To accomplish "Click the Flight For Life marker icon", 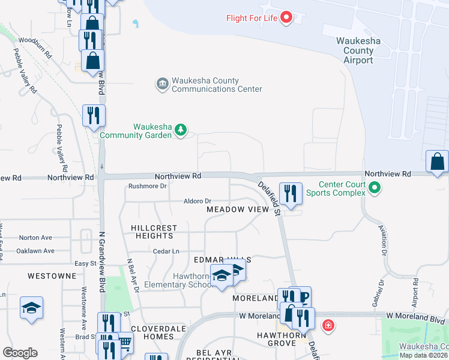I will pos(286,17).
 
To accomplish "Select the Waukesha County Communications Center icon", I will pos(162,85).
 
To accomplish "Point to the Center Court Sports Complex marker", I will pos(375,188).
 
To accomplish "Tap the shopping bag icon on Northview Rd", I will pos(437,162).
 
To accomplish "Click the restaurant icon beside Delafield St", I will pos(291,193).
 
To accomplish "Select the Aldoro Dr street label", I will pos(198,201).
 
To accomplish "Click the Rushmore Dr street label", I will pos(147,186).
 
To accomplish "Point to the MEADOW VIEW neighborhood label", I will pos(237,209).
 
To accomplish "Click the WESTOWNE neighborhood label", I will pos(52,276).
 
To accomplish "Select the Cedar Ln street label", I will pos(166,251).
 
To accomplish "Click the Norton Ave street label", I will pos(35,238).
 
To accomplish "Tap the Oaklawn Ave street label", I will pos(35,251).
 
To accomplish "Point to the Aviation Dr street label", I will pos(382,238).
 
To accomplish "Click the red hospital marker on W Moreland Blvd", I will pos(328,326).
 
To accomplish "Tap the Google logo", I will pos(20,353).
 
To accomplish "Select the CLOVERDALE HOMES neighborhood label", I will pos(152,333).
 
